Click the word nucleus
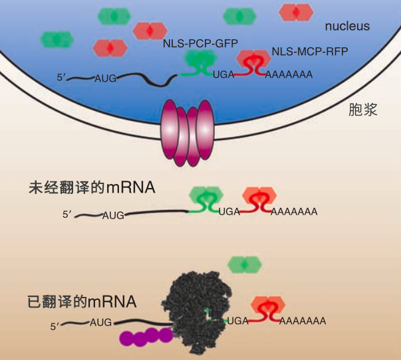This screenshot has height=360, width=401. [x=347, y=27]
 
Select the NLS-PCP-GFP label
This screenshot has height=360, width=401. [x=200, y=43]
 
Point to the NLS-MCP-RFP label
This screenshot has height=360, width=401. [x=310, y=51]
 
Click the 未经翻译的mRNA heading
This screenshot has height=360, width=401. [x=92, y=187]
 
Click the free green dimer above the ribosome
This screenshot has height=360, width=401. [x=246, y=264]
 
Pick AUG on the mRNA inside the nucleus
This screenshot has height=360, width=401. [x=106, y=78]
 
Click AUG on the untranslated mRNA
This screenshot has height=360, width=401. [x=114, y=215]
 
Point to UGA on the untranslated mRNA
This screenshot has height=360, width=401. [x=229, y=212]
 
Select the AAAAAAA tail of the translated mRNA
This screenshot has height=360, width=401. [x=303, y=321]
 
